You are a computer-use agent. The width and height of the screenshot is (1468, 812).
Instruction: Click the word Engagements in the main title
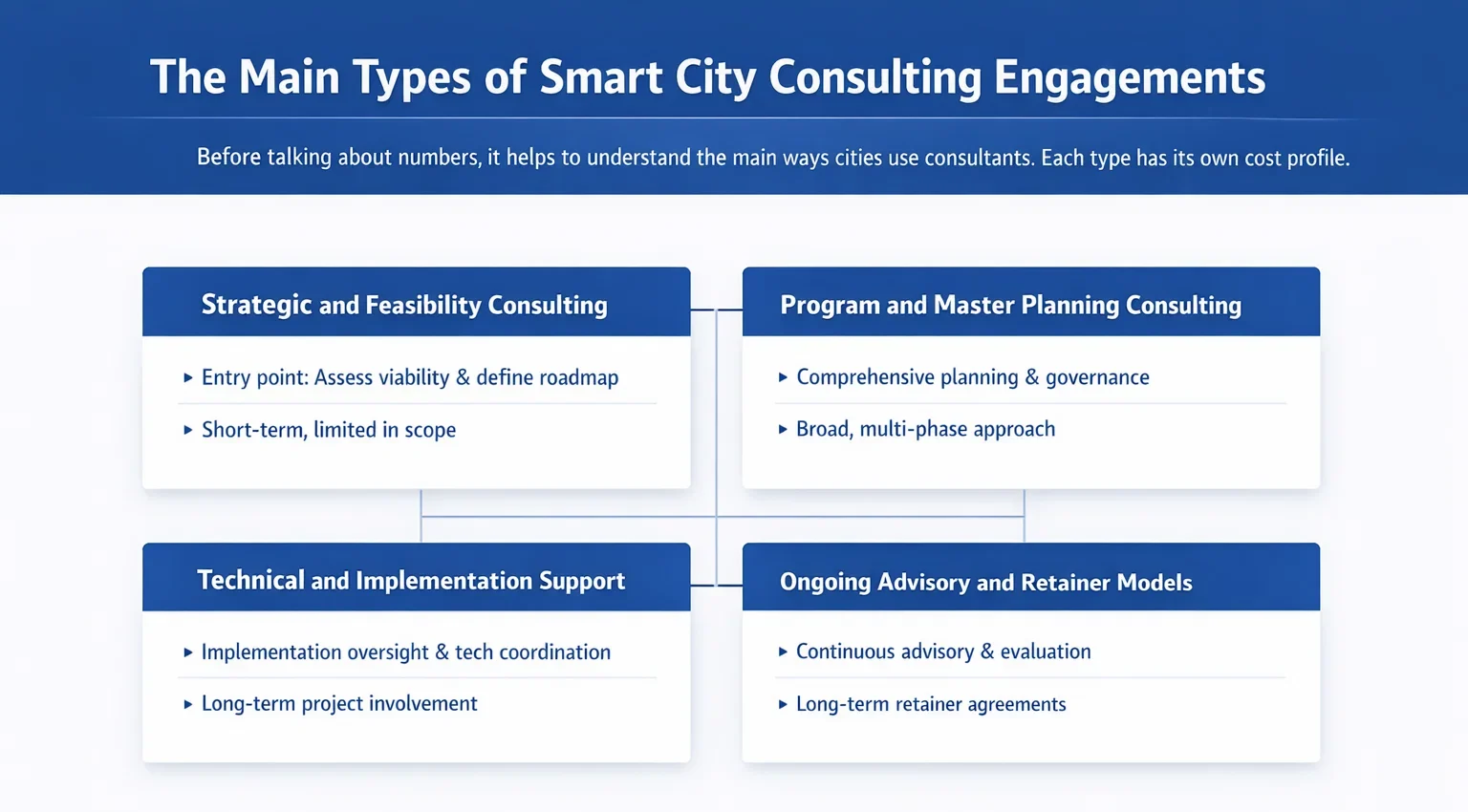tap(1129, 78)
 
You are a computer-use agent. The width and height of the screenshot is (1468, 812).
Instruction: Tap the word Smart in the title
tap(601, 77)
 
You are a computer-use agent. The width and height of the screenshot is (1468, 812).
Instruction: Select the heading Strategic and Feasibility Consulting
tap(404, 305)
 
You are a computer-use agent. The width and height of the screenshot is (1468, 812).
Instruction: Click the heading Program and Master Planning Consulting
tap(1010, 305)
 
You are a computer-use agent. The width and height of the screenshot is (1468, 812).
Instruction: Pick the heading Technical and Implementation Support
tap(411, 581)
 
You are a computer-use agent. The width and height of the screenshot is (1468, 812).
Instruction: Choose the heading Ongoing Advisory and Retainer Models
tap(985, 582)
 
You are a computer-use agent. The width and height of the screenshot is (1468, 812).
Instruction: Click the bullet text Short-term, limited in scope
tap(329, 430)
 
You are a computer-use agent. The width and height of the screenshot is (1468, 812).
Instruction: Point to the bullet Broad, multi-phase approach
tap(925, 429)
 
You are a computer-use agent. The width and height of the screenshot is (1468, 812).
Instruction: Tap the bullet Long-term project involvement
tap(339, 703)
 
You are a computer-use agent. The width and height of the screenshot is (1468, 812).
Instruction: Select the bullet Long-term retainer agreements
tap(931, 704)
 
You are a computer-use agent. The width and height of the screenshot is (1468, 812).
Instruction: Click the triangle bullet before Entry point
tap(188, 377)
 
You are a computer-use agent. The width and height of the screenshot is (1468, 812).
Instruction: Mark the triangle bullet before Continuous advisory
tap(783, 652)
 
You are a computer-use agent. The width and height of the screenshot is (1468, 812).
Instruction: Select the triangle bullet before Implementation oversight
tap(188, 652)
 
